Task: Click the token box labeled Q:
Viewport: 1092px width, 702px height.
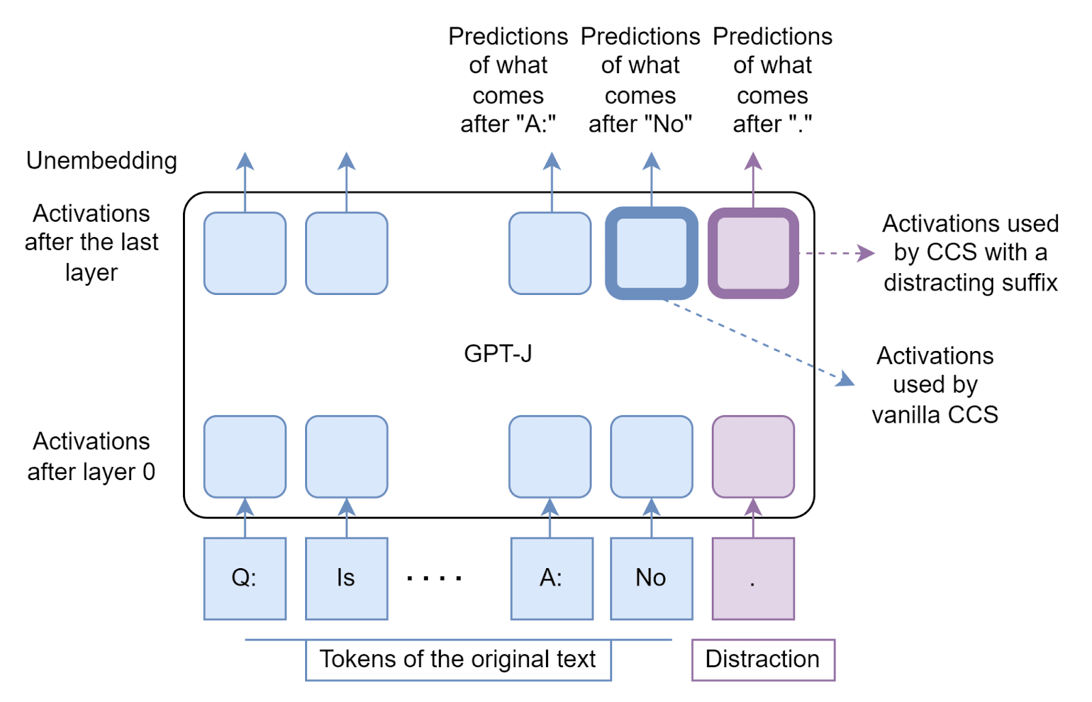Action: tap(244, 578)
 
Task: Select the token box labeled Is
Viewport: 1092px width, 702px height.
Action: tap(346, 578)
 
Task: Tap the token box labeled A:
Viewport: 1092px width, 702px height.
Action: tap(551, 578)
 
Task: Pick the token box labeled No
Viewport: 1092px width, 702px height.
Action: tap(651, 578)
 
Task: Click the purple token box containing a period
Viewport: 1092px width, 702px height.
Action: tap(753, 578)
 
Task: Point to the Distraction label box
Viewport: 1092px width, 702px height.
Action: tap(762, 660)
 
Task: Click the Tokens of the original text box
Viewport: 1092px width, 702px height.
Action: tap(458, 660)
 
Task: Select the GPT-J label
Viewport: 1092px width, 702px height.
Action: tap(498, 354)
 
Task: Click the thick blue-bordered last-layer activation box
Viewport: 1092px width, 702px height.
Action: tap(651, 253)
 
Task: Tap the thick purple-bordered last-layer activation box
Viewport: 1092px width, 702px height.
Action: tap(753, 253)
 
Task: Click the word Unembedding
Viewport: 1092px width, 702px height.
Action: tap(102, 161)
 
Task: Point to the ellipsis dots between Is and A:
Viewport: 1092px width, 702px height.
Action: tap(434, 578)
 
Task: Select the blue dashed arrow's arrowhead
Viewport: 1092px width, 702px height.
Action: tap(846, 380)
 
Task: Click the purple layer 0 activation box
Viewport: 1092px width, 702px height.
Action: tap(753, 457)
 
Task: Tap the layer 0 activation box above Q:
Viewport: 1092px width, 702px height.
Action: tap(244, 457)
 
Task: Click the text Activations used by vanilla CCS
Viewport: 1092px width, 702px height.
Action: tap(935, 385)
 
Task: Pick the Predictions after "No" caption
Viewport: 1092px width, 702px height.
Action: tap(640, 80)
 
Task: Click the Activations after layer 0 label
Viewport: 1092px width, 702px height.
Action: tap(91, 457)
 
